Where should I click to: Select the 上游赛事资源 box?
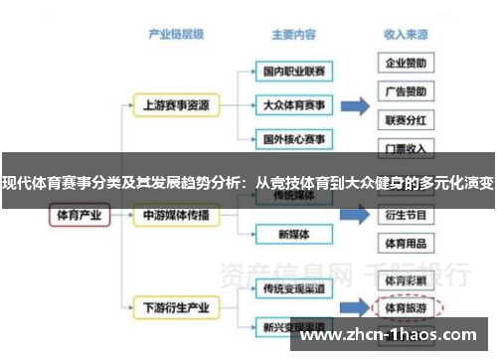177,103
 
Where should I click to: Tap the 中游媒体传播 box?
177,214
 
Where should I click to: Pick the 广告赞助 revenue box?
407,91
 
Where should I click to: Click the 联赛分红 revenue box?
407,120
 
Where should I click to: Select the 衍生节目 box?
407,214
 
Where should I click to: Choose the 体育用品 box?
407,243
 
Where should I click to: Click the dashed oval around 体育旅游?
407,307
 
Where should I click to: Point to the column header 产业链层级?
177,34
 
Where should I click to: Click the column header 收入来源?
407,34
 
